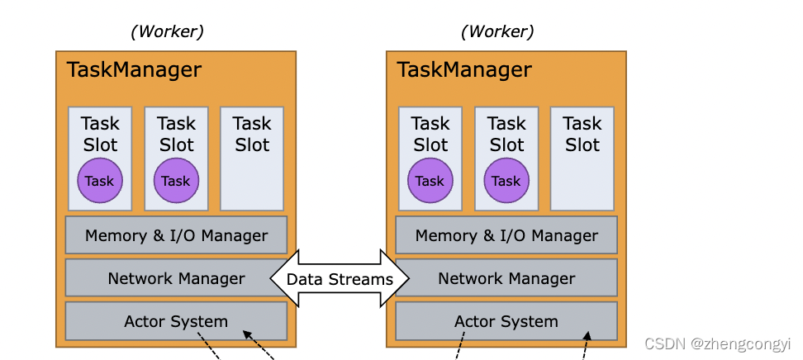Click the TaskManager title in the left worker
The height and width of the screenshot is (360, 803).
point(133,69)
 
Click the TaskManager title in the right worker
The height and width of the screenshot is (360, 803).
point(463,69)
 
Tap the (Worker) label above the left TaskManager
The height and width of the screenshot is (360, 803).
point(167,31)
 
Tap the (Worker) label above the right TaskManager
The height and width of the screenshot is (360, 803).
point(497,31)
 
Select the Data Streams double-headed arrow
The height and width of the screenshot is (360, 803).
point(340,279)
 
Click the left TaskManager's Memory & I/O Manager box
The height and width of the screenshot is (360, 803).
point(176,235)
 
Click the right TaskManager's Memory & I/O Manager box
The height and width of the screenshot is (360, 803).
point(506,235)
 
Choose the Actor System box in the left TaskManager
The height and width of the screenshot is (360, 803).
point(176,321)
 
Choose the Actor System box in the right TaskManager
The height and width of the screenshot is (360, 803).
point(506,321)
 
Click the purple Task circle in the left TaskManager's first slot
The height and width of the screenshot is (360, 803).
point(100,181)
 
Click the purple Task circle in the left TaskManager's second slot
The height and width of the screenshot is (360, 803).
point(176,181)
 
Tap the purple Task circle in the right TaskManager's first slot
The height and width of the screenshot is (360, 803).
point(430,181)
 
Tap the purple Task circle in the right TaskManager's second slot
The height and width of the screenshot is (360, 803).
point(506,181)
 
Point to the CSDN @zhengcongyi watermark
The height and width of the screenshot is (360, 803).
point(717,343)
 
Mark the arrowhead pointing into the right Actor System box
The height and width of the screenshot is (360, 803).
point(587,335)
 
